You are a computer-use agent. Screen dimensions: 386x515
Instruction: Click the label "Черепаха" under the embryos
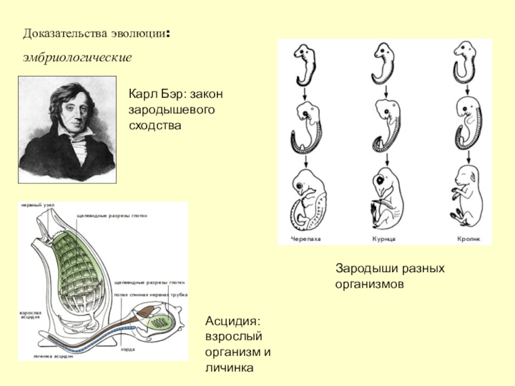point(306,238)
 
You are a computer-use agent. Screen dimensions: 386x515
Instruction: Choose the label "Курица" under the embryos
point(384,238)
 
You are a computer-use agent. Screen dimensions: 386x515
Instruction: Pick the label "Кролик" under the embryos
point(469,238)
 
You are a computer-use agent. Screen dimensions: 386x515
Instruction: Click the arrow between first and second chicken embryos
point(385,93)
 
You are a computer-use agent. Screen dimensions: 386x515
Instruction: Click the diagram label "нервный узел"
point(38,205)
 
